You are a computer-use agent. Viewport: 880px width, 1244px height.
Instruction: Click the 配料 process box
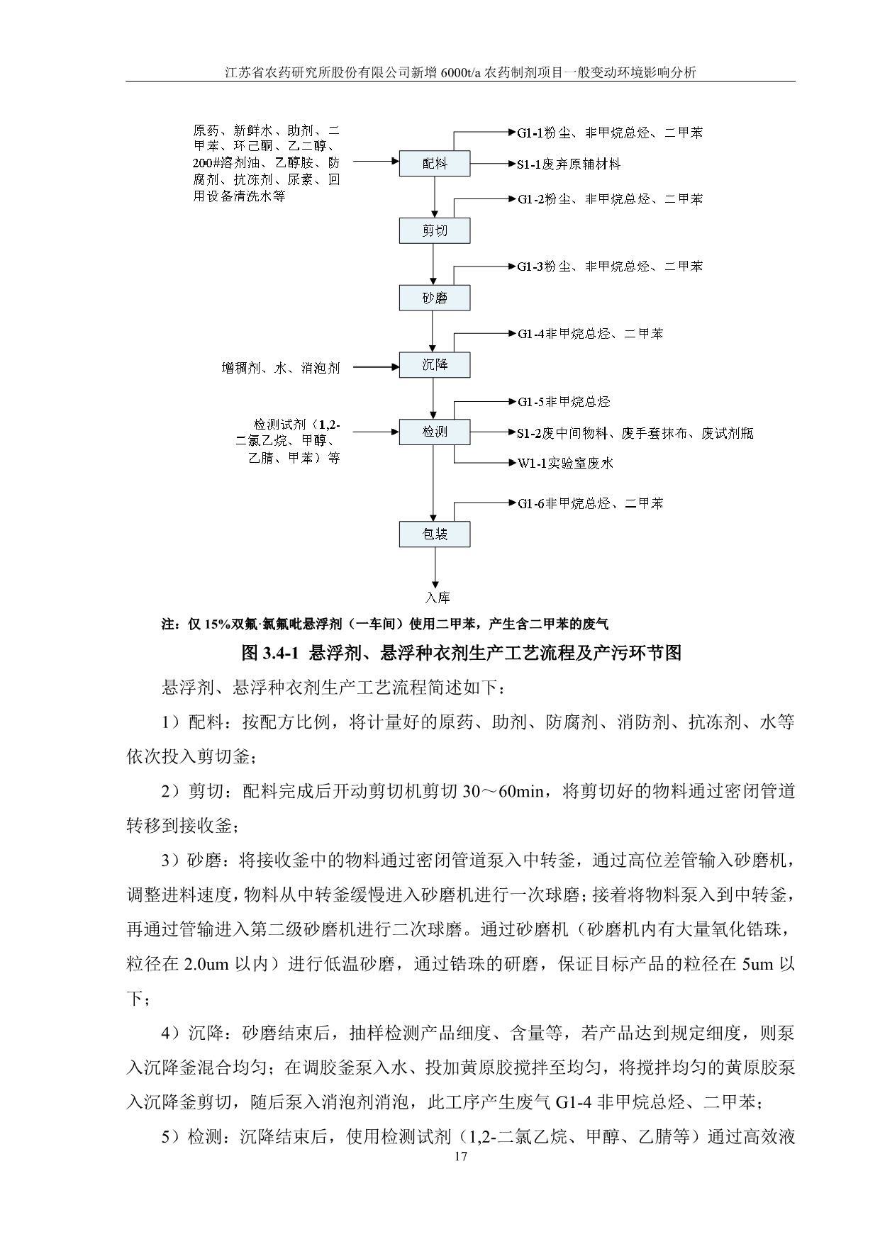[435, 164]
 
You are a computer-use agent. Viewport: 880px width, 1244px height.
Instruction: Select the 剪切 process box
[435, 230]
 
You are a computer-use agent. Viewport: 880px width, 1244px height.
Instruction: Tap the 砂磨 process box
[435, 298]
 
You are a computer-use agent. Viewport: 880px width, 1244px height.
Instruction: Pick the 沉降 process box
[435, 365]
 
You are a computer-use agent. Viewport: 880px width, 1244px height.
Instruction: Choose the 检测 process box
[435, 432]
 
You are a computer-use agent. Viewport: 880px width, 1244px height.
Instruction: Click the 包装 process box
[435, 534]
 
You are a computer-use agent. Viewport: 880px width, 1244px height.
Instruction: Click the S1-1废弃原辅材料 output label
[569, 164]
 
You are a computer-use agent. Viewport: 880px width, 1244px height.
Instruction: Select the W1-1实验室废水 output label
[565, 464]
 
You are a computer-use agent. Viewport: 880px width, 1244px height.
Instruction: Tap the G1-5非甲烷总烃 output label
[564, 402]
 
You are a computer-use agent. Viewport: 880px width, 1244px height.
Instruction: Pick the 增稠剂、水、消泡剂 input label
[281, 368]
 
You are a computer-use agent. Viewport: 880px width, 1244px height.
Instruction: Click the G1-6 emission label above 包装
[590, 504]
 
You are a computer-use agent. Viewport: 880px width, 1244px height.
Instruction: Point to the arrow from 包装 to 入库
[435, 566]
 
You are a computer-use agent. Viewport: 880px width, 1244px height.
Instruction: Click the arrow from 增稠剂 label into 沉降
[375, 366]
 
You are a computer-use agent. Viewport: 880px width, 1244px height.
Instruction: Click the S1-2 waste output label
[635, 433]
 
